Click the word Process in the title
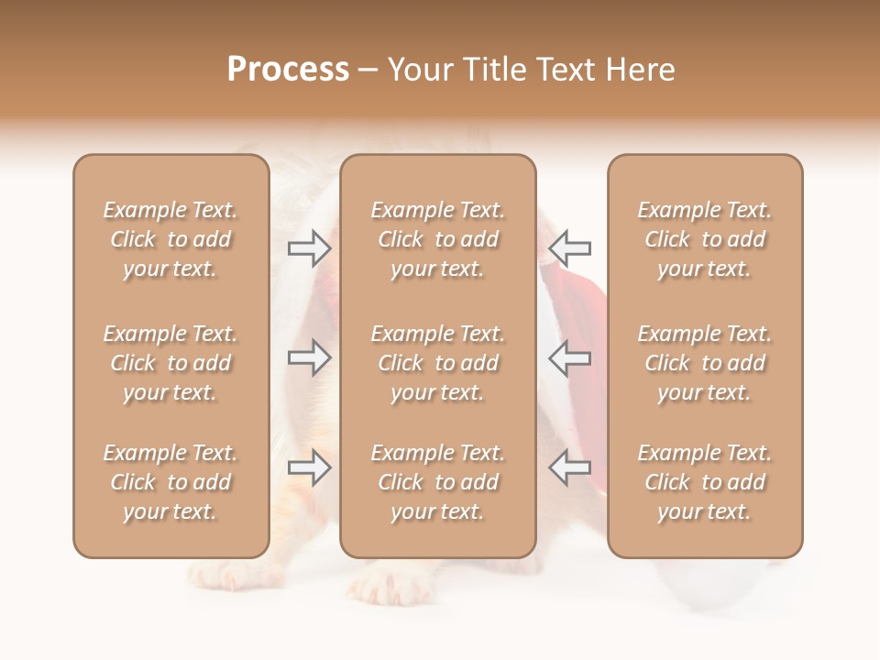288,70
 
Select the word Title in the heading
490,70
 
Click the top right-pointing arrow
310,248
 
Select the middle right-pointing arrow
310,357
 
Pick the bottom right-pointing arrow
310,467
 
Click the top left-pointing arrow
569,248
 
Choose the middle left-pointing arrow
569,357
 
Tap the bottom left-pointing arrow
569,467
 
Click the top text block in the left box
170,239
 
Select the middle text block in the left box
170,363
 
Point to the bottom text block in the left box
170,482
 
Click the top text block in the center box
438,239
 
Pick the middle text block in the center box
438,363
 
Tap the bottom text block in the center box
438,482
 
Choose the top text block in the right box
705,239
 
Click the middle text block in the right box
705,363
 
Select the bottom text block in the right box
705,482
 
